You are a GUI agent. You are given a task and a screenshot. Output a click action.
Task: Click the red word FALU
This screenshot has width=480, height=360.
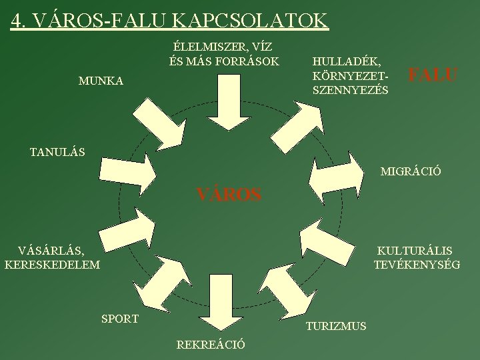tap(433, 75)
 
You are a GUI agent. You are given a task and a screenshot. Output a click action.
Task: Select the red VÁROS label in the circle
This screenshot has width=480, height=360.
tap(229, 195)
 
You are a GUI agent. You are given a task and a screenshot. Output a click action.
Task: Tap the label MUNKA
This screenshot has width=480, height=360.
tap(101, 81)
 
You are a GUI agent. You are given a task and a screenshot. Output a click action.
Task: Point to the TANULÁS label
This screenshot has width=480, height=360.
tap(57, 152)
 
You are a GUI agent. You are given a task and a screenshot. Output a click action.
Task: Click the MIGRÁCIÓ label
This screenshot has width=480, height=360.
tap(411, 172)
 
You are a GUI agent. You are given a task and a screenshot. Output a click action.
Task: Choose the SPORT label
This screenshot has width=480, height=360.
tap(120, 319)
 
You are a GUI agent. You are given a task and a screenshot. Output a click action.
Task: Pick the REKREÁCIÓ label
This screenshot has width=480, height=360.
tap(211, 345)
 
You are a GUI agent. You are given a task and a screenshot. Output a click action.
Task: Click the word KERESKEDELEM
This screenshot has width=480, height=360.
tap(52, 265)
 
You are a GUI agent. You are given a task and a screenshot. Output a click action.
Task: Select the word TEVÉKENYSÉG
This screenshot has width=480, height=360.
tap(417, 265)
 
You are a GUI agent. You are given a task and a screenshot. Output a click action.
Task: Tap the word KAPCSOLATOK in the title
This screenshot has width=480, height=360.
tap(251, 20)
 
